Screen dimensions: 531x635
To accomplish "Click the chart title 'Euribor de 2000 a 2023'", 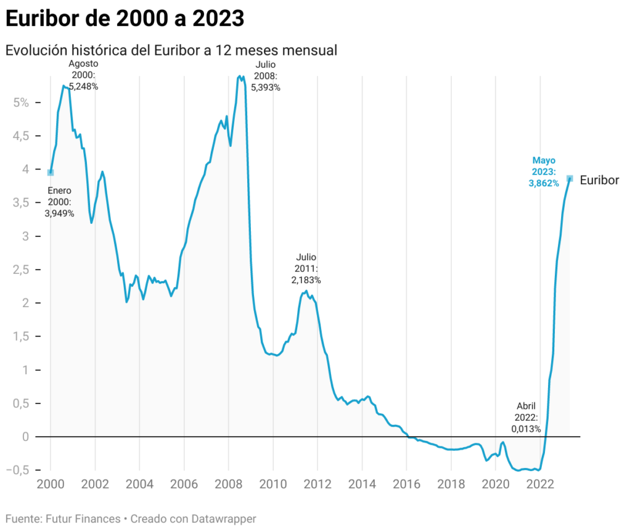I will pyautogui.click(x=125, y=19).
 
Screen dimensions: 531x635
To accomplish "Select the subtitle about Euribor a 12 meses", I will pyautogui.click(x=171, y=51).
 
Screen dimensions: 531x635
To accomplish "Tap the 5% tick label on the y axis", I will pyautogui.click(x=21, y=102).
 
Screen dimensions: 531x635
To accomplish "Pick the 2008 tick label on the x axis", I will pyautogui.click(x=228, y=484).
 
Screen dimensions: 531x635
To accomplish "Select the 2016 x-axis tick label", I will pyautogui.click(x=406, y=484).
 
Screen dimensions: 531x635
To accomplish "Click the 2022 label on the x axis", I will pyautogui.click(x=539, y=484).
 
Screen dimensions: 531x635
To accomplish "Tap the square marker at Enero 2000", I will pyautogui.click(x=51, y=173).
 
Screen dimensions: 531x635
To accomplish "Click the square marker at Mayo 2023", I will pyautogui.click(x=570, y=179).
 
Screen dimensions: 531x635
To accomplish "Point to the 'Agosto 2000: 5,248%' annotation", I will pyautogui.click(x=83, y=75).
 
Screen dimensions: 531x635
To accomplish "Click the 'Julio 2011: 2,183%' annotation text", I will pyautogui.click(x=306, y=268).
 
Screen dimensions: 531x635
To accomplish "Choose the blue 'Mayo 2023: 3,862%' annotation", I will pyautogui.click(x=543, y=171).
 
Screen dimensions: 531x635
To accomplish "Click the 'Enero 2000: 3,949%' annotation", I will pyautogui.click(x=59, y=202).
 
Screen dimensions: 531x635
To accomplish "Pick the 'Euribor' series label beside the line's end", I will pyautogui.click(x=599, y=179).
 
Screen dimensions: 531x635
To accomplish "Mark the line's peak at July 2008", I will pyautogui.click(x=239, y=76).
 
